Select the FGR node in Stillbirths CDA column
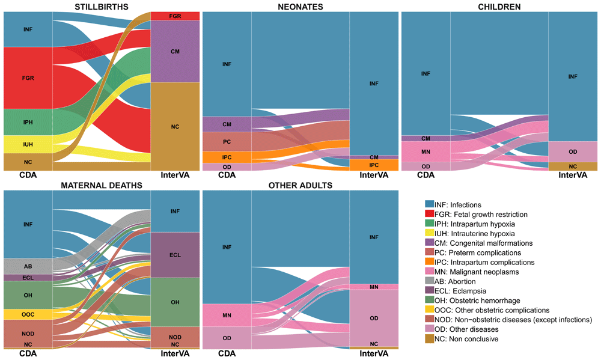point(28,78)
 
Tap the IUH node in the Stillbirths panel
point(28,144)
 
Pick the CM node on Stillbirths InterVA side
point(175,52)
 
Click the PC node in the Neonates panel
point(227,142)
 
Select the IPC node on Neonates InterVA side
point(373,165)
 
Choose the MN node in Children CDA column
point(426,152)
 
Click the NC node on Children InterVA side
point(573,166)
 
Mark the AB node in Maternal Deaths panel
point(28,266)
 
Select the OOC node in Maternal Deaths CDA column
point(28,314)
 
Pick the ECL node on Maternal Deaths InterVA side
point(175,255)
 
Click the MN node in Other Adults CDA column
point(227,315)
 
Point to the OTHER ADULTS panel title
point(300,185)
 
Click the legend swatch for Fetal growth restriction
point(429,215)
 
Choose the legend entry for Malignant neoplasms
point(475,272)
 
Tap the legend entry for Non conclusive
point(466,339)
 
